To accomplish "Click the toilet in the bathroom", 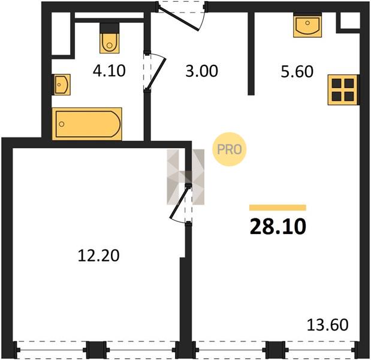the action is point(109,38).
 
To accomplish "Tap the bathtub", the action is point(87,124).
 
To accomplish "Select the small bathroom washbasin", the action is point(61,85).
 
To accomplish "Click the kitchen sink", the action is point(307,25).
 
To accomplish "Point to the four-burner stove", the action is point(343,90).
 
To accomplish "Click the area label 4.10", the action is point(109,71).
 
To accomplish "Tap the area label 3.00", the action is point(201,71).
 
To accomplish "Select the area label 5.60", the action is point(297,71).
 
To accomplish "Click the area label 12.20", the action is point(98,256).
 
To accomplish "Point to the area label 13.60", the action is point(327,325).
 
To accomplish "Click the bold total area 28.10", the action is point(278,227).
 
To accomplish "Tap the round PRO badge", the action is point(230,149).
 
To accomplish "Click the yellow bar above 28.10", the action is point(278,208).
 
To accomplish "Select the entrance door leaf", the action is point(179,19).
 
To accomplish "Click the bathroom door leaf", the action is point(156,74).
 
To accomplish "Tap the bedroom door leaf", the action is point(180,202).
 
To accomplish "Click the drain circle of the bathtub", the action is point(62,124).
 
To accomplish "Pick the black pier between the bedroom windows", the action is point(96,350).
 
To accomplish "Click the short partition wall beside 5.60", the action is point(251,53).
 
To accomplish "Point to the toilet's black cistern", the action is point(109,28).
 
